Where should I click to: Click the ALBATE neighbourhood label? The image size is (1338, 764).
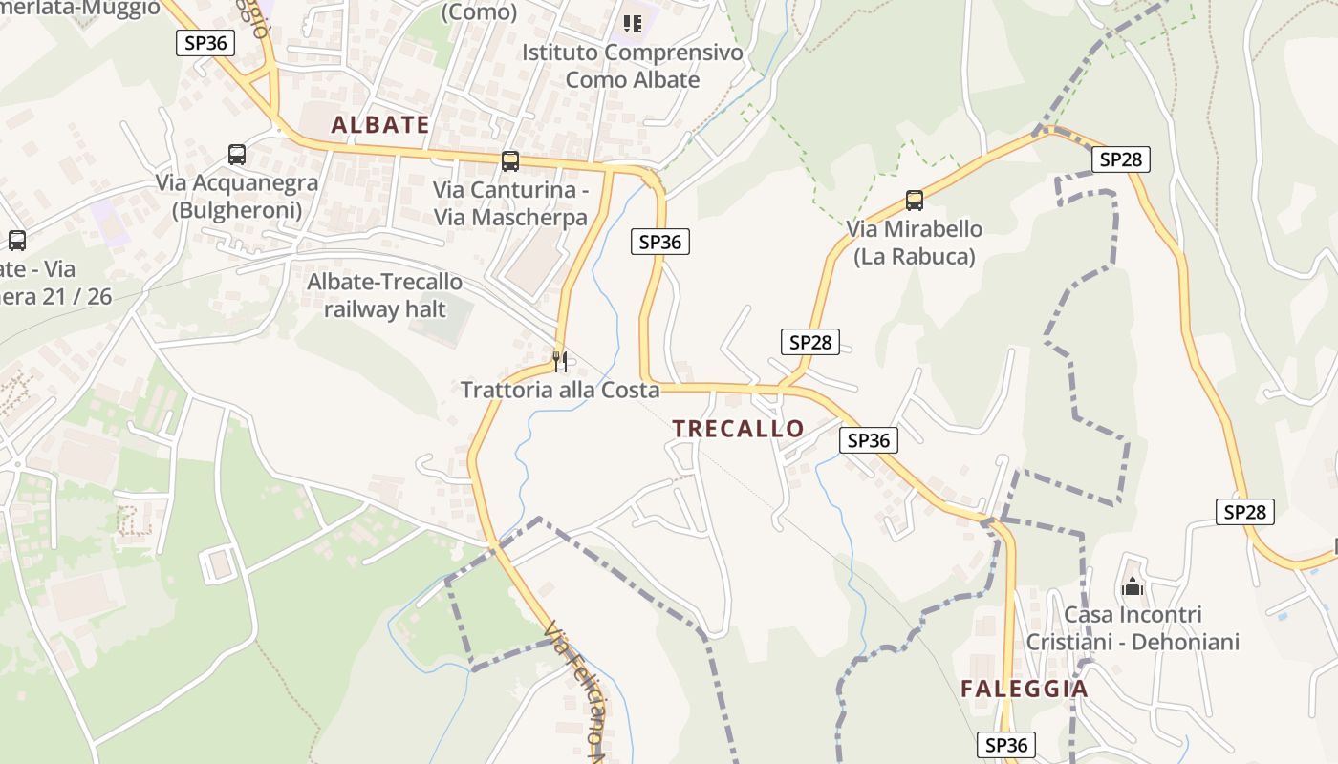380,124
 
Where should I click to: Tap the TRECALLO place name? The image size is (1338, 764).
738,428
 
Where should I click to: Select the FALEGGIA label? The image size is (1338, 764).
1025,689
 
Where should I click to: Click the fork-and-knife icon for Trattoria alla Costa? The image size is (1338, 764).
560,361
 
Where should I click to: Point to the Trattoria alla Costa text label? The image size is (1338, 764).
560,390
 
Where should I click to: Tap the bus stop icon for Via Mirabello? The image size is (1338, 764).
915,201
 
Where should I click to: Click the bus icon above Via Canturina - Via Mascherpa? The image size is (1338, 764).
510,160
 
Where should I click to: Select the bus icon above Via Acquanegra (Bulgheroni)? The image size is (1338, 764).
236,155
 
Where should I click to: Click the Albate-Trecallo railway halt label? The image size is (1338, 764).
384,295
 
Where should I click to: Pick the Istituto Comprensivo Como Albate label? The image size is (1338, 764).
632,66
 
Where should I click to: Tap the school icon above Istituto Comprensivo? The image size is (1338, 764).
632,23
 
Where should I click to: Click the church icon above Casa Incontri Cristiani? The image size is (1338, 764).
1133,585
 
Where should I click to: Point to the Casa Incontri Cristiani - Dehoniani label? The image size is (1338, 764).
1133,627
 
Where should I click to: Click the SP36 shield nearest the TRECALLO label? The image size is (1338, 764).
869,440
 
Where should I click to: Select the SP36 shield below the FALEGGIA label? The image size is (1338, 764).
1006,744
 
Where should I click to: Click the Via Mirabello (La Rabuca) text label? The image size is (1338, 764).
914,243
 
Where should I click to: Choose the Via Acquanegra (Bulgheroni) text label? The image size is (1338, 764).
237,196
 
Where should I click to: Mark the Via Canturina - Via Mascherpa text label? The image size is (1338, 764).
510,203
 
